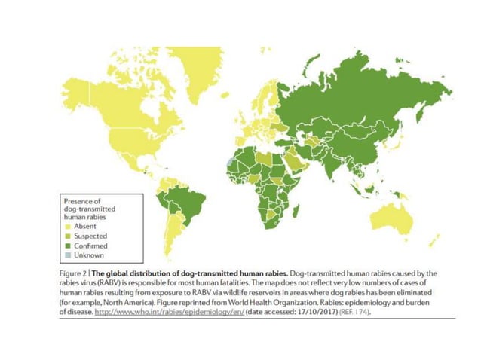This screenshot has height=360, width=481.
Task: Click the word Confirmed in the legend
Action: coord(90,246)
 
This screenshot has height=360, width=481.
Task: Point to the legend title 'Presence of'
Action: coord(81,200)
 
